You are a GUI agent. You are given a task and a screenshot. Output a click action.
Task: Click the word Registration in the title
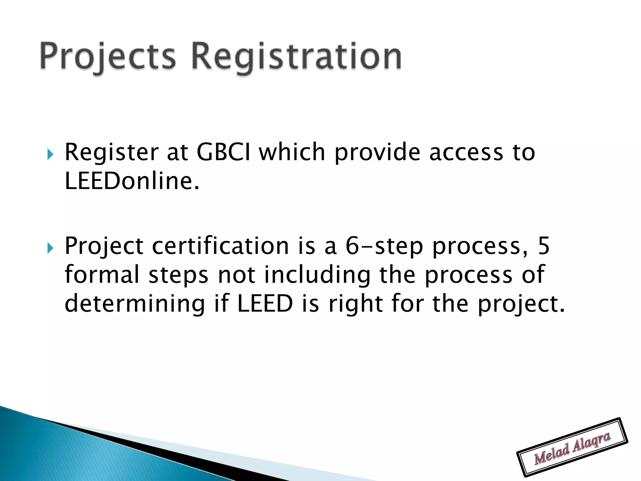[296, 56]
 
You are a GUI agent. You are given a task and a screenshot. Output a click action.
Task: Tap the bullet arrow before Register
[50, 154]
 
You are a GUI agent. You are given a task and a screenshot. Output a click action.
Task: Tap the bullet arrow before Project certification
[50, 248]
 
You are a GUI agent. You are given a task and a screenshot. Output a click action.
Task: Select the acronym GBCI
[223, 152]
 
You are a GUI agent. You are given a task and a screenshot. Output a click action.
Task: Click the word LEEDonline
[131, 181]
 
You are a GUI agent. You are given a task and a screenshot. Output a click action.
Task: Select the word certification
[220, 246]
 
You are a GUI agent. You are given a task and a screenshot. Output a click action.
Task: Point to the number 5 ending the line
[544, 246]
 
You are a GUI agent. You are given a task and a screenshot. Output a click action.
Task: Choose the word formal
[102, 274]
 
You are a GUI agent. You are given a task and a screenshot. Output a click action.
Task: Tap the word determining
[135, 304]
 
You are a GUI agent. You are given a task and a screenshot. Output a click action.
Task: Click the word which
[292, 152]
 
